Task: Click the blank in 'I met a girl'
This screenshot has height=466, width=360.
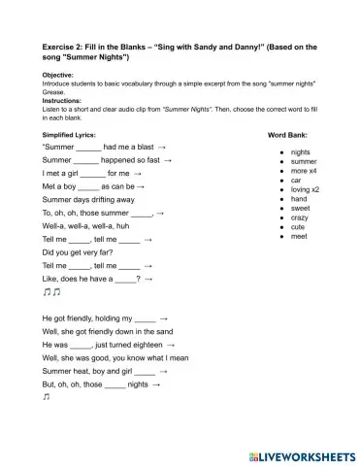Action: coord(92,173)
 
